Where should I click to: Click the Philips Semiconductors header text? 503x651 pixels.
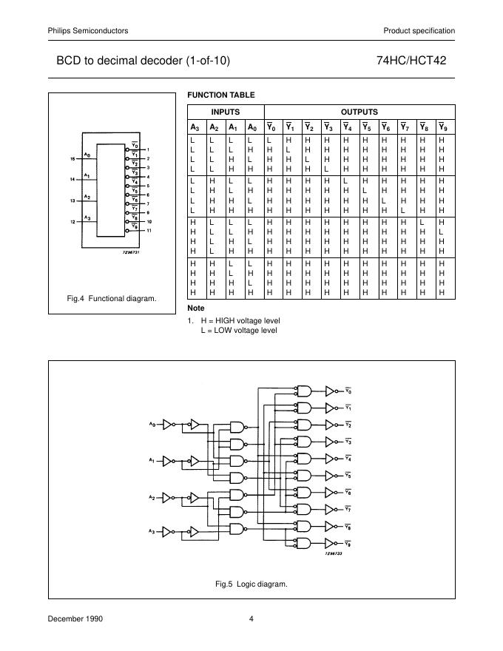pyautogui.click(x=88, y=30)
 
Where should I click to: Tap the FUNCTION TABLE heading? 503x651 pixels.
pyautogui.click(x=220, y=95)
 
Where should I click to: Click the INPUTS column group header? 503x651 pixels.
pyautogui.click(x=225, y=112)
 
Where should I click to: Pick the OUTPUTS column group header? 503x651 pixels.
pyautogui.click(x=359, y=112)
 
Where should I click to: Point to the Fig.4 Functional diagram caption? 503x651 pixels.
pyautogui.click(x=112, y=298)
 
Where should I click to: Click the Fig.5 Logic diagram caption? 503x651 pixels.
pyautogui.click(x=251, y=584)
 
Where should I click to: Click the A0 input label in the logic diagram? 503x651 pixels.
pyautogui.click(x=152, y=424)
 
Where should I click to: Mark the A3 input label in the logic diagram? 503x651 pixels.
pyautogui.click(x=152, y=530)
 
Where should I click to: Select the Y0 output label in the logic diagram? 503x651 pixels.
pyautogui.click(x=349, y=391)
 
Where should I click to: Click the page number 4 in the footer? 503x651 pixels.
pyautogui.click(x=251, y=618)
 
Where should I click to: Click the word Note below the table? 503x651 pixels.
pyautogui.click(x=196, y=308)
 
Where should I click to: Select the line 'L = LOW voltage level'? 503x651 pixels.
pyautogui.click(x=238, y=330)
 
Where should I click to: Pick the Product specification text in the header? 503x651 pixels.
pyautogui.click(x=419, y=30)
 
